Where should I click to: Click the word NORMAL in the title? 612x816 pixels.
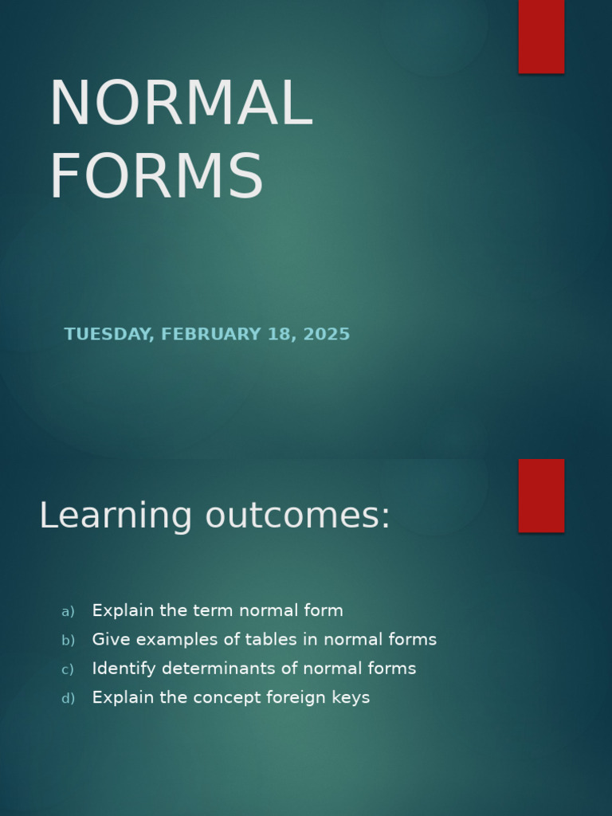point(181,104)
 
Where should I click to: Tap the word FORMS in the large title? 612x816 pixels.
point(156,177)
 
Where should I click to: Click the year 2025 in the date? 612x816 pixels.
point(327,335)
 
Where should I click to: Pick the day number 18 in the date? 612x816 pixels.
point(280,335)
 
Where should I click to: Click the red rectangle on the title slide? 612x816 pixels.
point(541,36)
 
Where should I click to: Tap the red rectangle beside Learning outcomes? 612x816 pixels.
point(541,495)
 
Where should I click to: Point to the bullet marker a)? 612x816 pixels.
point(68,611)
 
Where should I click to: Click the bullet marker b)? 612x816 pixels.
point(68,640)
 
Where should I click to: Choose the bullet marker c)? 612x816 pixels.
point(68,669)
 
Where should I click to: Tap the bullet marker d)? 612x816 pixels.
point(68,698)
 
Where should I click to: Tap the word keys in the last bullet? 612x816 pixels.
point(351,698)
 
